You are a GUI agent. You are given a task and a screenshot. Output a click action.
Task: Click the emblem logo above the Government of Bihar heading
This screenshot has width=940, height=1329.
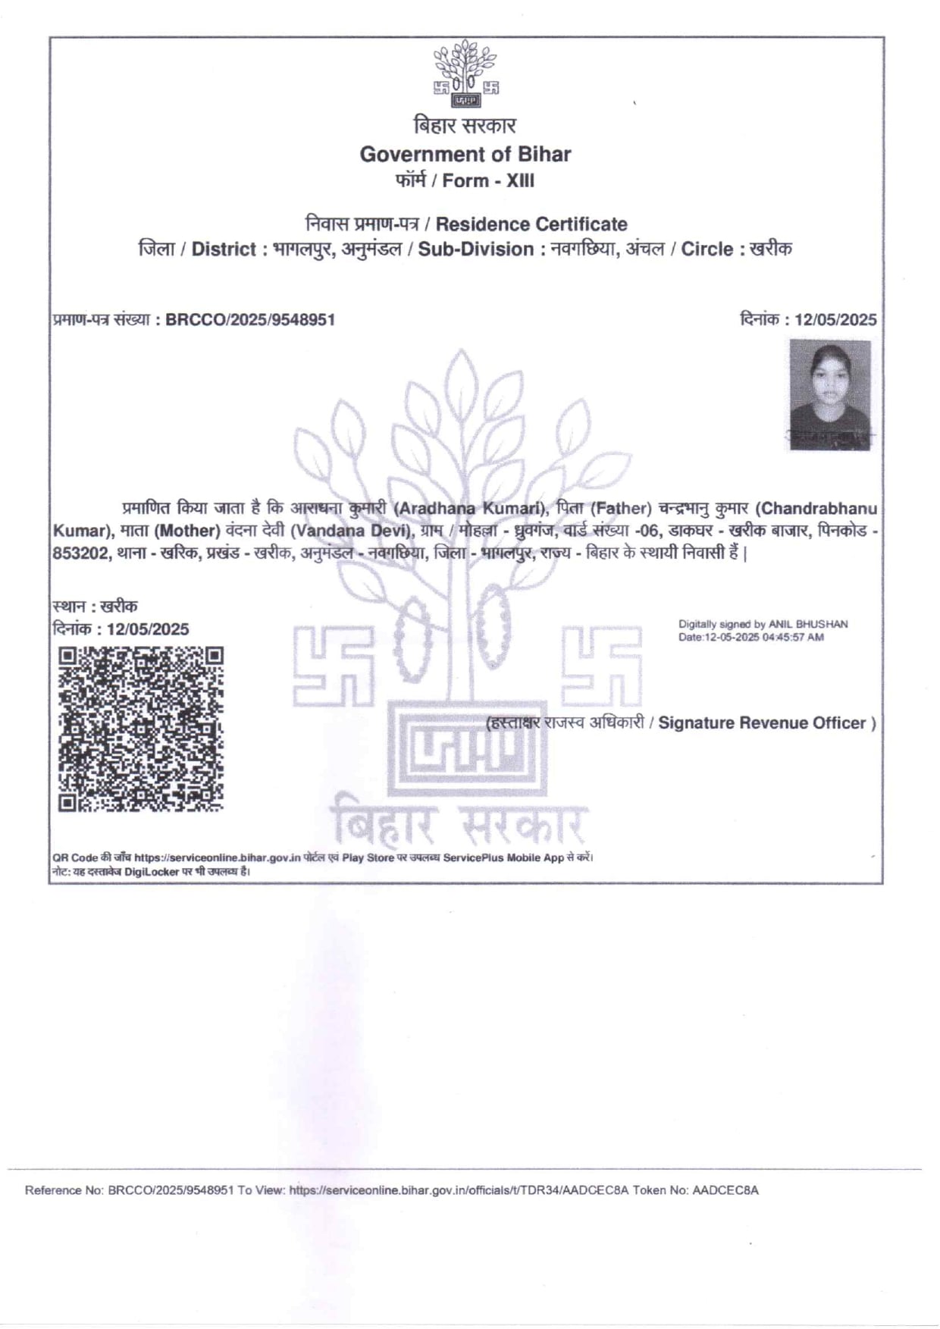[x=465, y=74]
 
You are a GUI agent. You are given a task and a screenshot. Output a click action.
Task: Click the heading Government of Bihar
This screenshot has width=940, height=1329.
[x=465, y=154]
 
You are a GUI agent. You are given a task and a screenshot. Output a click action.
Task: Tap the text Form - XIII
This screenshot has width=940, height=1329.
[x=488, y=180]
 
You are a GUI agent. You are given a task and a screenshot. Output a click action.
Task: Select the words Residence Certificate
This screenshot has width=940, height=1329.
[x=531, y=224]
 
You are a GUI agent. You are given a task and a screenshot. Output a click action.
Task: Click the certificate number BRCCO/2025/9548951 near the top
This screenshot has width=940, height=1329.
[x=250, y=320]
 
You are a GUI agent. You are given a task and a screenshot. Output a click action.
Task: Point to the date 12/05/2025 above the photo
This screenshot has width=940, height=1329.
[x=835, y=320]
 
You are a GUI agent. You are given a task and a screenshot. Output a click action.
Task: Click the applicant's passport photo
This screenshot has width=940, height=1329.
[x=830, y=394]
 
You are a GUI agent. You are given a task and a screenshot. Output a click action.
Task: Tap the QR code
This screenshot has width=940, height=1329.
[x=141, y=729]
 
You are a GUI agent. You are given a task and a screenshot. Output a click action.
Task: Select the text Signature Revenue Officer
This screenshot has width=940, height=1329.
[x=762, y=723]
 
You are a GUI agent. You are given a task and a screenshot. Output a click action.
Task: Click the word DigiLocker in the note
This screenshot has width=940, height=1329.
[x=152, y=872]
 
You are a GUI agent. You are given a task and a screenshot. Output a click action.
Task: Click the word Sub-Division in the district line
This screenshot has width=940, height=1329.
[x=476, y=249]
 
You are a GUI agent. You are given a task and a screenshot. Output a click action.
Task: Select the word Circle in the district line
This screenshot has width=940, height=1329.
[x=707, y=249]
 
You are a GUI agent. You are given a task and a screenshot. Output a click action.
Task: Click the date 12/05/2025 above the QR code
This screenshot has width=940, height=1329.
[x=148, y=629]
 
